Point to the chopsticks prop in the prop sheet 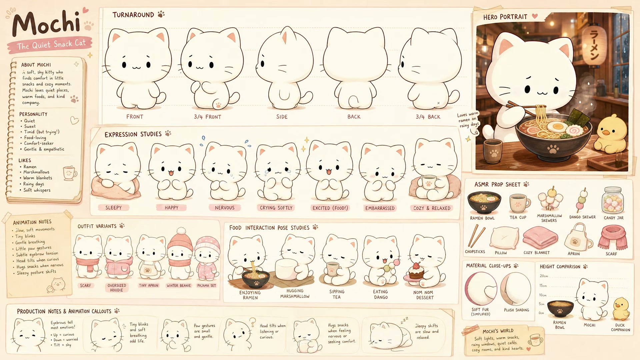click(476, 236)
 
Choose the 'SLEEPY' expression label click(113, 208)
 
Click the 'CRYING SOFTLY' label click(276, 208)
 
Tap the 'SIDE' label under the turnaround click(282, 117)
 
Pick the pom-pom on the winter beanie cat click(181, 231)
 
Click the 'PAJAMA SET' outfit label click(206, 286)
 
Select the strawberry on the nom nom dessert click(416, 266)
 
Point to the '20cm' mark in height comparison click(544, 276)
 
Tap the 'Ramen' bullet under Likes click(30, 167)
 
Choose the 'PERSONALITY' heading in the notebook click(33, 114)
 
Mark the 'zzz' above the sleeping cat click(404, 320)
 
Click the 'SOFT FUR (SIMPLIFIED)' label click(480, 312)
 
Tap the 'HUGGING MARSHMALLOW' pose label click(295, 294)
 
